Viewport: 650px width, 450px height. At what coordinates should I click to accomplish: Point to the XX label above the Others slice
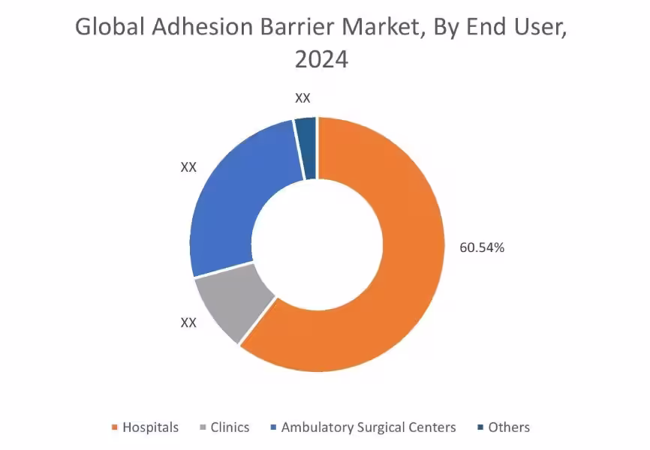[302, 98]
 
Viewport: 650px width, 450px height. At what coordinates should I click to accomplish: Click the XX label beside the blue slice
[188, 167]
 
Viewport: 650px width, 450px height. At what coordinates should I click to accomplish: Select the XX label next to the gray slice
[188, 322]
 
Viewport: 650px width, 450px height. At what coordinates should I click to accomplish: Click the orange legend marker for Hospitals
[115, 427]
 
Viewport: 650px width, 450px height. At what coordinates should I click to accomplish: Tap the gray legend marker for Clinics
[202, 427]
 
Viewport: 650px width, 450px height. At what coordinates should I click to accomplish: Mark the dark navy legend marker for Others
[480, 427]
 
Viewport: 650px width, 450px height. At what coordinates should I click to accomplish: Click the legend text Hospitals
[151, 427]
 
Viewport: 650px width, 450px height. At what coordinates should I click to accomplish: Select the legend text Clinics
[230, 427]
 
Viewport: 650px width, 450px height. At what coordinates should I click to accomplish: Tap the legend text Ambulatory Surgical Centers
[369, 427]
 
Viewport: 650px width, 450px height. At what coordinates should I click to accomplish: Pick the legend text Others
[509, 427]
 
